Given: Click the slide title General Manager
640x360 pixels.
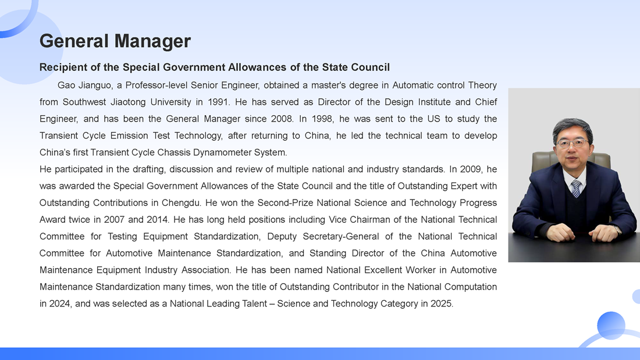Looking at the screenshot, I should (115, 41).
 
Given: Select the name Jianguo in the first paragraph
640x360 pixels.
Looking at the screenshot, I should (95, 85).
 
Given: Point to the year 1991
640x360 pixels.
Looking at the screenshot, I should (218, 102).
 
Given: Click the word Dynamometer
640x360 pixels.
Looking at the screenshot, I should (224, 153).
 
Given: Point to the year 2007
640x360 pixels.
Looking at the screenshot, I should (115, 220).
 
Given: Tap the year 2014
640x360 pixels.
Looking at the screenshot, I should (158, 220).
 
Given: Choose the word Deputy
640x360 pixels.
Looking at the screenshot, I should (282, 237).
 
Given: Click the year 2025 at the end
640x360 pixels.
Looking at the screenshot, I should (442, 304).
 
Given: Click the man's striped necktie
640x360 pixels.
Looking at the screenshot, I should (576, 188).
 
